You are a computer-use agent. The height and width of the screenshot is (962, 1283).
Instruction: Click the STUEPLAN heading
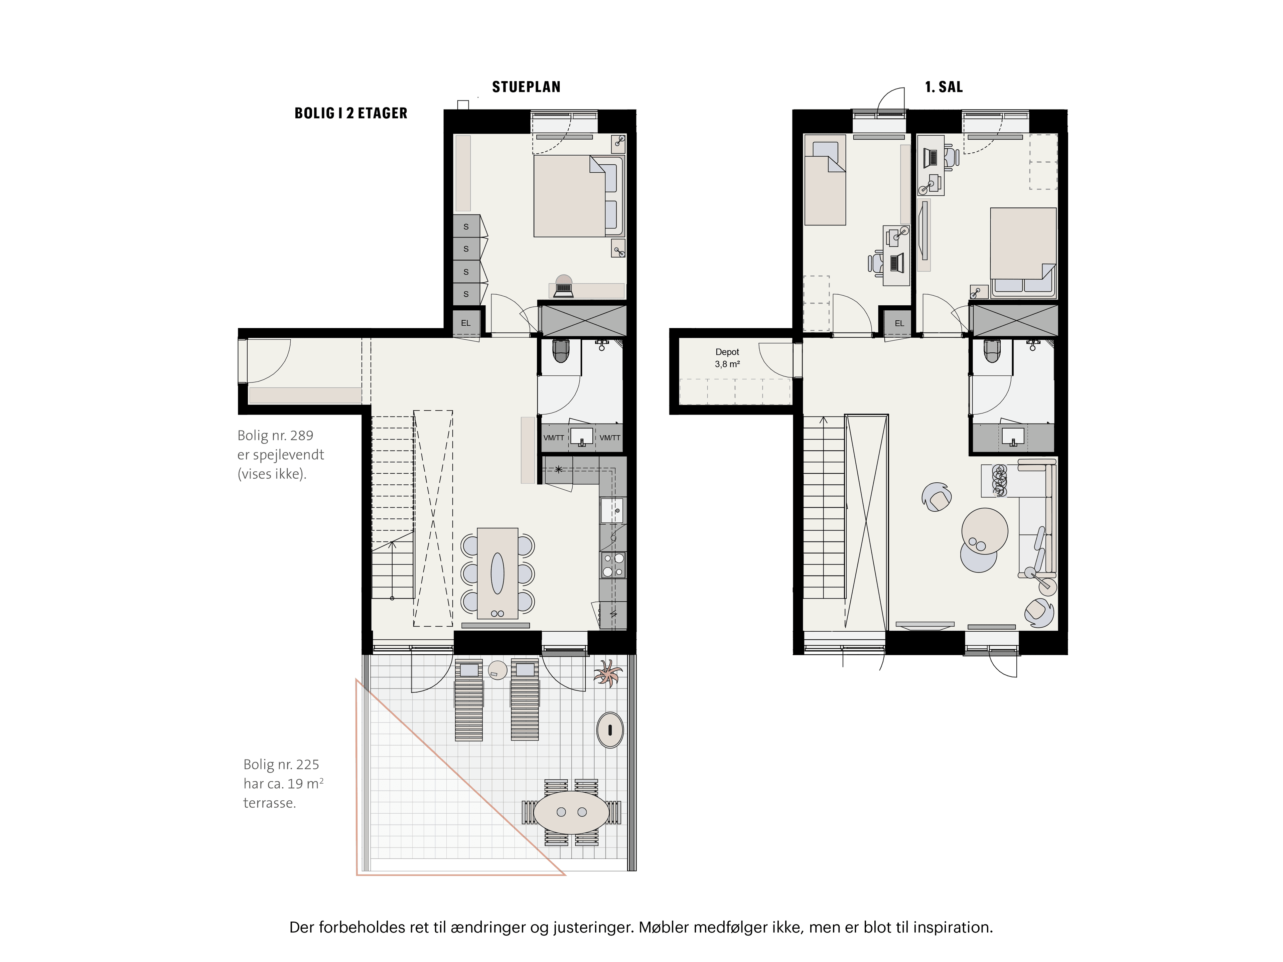[x=526, y=87]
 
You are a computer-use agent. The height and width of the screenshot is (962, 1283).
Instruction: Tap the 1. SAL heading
[x=944, y=87]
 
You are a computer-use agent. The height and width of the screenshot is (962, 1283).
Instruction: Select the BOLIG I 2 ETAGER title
[x=351, y=113]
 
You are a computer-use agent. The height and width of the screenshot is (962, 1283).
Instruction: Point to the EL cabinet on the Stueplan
[x=466, y=323]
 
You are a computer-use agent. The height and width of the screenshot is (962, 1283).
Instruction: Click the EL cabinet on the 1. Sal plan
[x=899, y=323]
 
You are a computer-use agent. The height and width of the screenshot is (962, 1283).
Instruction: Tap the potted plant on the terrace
[x=607, y=673]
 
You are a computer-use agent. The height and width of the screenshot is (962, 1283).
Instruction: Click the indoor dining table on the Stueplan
[x=497, y=573]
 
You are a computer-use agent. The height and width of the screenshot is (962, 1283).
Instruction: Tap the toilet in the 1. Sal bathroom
[x=992, y=350]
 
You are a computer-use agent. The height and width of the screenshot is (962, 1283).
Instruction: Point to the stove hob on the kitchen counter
[x=613, y=566]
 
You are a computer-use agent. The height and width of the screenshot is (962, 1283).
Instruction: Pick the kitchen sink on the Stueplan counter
[x=612, y=511]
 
